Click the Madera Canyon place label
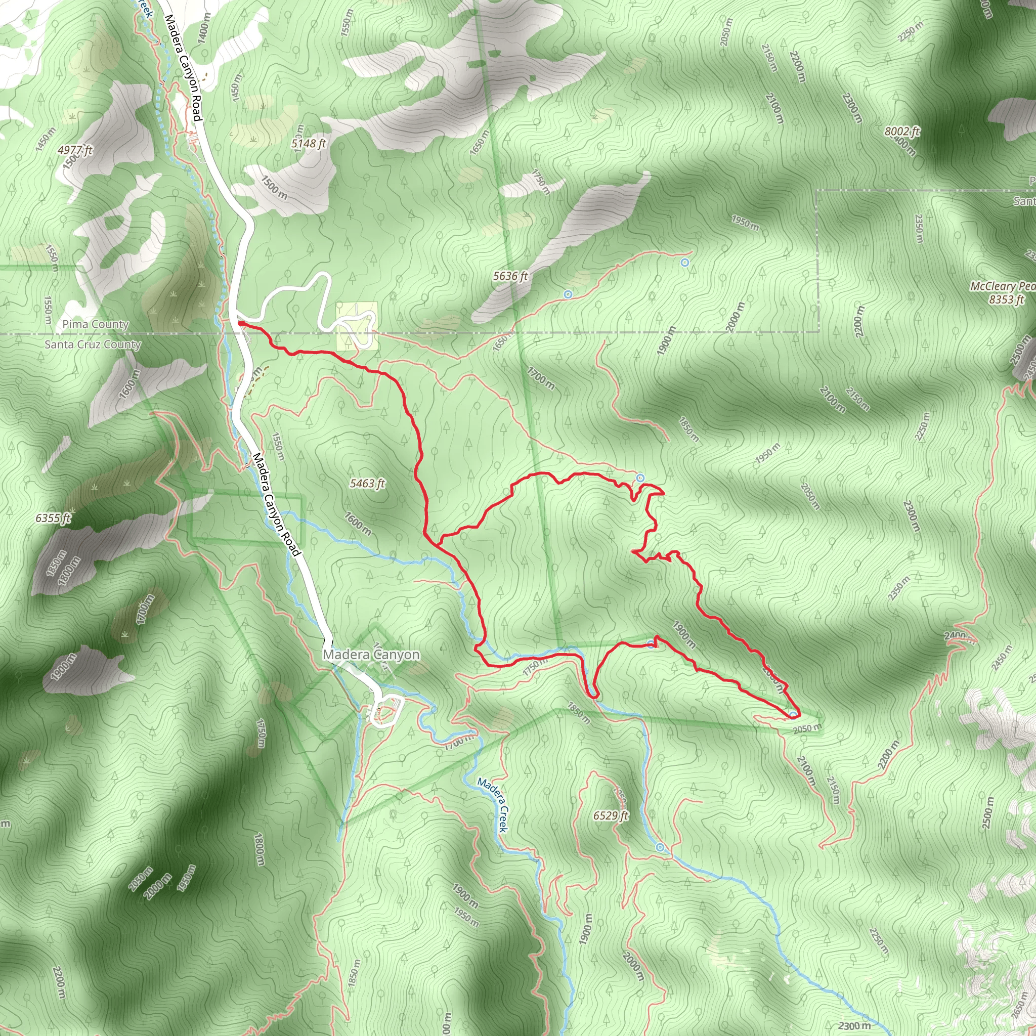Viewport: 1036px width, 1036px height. click(371, 655)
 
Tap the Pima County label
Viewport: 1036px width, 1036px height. click(96, 324)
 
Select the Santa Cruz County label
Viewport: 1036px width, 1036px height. click(93, 344)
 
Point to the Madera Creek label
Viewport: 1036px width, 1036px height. click(492, 805)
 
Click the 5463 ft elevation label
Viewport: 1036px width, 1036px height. click(367, 484)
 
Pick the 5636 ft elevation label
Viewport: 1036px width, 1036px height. click(510, 276)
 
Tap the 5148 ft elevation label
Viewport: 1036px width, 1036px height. click(309, 144)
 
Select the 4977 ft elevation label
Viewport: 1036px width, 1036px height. click(75, 150)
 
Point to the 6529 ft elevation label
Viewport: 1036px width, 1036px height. click(611, 815)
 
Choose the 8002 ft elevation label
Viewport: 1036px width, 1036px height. click(902, 132)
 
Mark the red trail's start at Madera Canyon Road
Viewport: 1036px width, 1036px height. click(239, 323)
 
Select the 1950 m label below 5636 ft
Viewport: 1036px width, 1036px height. click(745, 222)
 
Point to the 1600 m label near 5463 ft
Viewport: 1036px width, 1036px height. click(358, 524)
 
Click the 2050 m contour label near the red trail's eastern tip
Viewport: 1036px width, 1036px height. click(807, 728)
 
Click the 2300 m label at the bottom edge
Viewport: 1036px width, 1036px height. click(855, 1025)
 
